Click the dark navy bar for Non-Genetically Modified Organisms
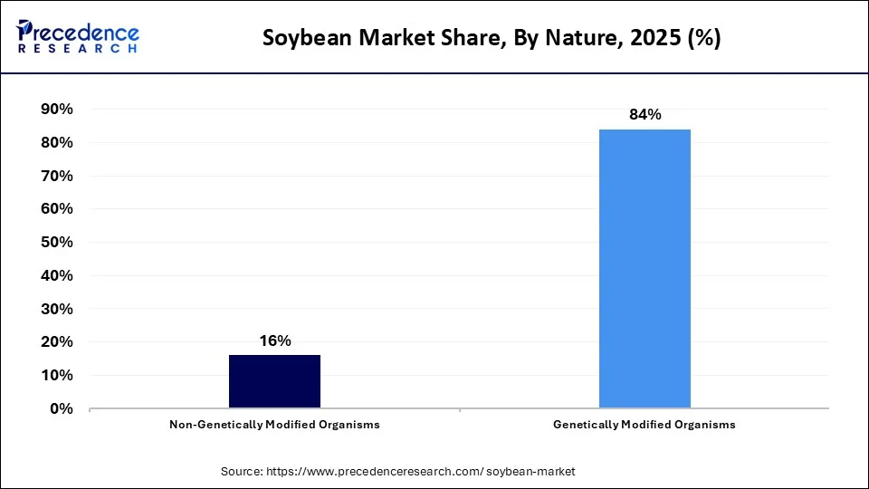pyautogui.click(x=274, y=381)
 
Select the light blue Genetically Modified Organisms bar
pyautogui.click(x=645, y=269)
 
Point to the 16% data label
pyautogui.click(x=274, y=341)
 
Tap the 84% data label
pyautogui.click(x=645, y=115)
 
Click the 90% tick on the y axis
pyautogui.click(x=57, y=110)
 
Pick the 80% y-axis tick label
pyautogui.click(x=57, y=143)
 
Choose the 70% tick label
pyautogui.click(x=57, y=176)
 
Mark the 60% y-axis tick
pyautogui.click(x=57, y=209)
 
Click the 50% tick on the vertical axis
pyautogui.click(x=57, y=243)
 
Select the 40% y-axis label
pyautogui.click(x=57, y=275)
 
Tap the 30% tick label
pyautogui.click(x=57, y=309)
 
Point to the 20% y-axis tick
pyautogui.click(x=57, y=342)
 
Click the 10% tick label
pyautogui.click(x=57, y=375)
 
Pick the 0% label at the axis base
pyautogui.click(x=62, y=408)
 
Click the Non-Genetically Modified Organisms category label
pyautogui.click(x=274, y=425)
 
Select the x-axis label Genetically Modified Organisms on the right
pyautogui.click(x=645, y=425)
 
